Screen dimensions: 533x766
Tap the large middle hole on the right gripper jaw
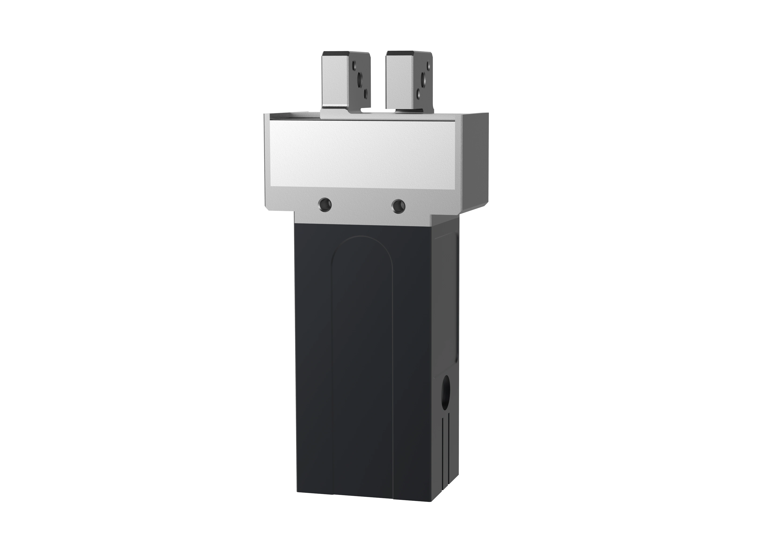point(423,80)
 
